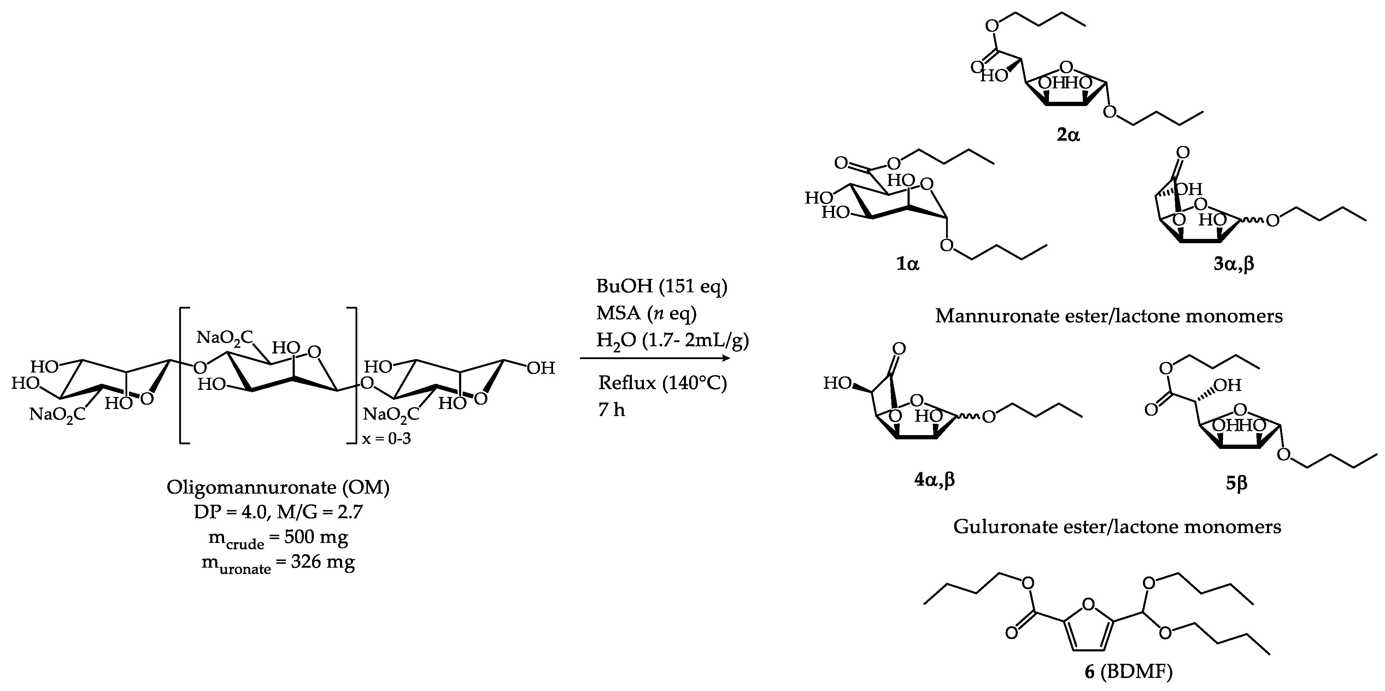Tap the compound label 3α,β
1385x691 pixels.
(x=1233, y=265)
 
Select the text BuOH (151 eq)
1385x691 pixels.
(x=661, y=286)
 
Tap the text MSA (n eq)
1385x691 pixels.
(x=646, y=313)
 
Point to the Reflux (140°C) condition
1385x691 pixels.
(x=662, y=383)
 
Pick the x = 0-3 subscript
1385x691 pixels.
(x=386, y=439)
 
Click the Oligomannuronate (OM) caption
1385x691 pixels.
(x=278, y=487)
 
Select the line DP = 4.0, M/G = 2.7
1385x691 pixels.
(x=278, y=512)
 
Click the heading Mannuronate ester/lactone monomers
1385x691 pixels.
(x=1109, y=316)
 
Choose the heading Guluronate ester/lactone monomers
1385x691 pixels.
(x=1117, y=526)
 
